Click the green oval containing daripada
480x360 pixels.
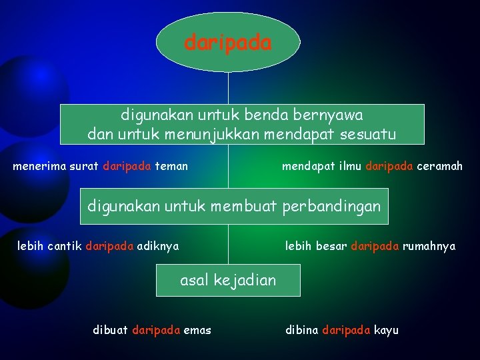point(228,43)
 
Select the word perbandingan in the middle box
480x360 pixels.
point(331,207)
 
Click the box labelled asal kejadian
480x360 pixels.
point(228,281)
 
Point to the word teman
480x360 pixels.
point(171,166)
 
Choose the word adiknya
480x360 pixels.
point(158,247)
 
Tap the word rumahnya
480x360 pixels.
point(429,247)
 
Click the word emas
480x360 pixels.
point(197,330)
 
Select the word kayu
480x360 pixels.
point(386,330)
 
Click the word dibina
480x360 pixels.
point(301,330)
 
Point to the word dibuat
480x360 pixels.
point(111,330)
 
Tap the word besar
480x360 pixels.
point(333,247)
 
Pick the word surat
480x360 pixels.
point(85,166)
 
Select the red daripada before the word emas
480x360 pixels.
point(156,330)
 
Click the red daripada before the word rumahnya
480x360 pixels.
point(375,247)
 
